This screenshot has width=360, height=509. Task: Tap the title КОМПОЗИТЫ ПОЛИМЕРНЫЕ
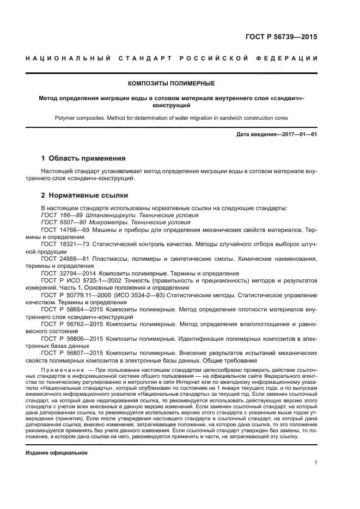click(171, 83)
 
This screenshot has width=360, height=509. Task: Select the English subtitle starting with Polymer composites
click(171, 117)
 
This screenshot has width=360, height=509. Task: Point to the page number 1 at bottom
click(316, 463)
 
